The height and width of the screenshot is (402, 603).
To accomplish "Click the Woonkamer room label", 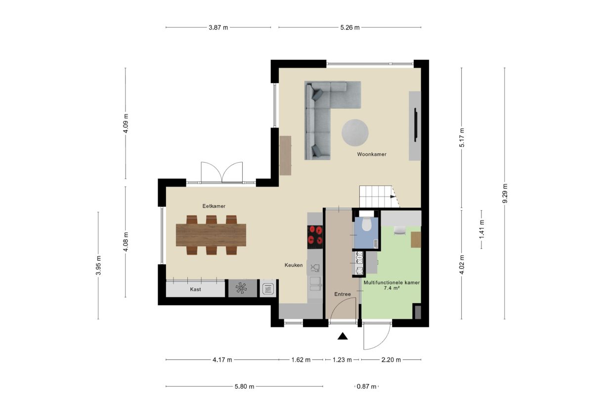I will (x=372, y=154).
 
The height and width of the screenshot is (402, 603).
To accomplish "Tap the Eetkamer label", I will (x=210, y=206).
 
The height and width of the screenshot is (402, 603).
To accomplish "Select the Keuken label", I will (x=293, y=266).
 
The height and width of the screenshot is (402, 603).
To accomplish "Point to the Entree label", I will (x=342, y=294).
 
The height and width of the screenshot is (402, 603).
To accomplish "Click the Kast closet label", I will (x=195, y=289).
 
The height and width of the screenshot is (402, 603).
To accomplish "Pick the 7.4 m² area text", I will (x=392, y=288).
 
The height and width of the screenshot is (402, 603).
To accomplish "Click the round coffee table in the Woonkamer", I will (x=355, y=133).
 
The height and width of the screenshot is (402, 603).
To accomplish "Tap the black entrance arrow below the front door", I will (x=343, y=337).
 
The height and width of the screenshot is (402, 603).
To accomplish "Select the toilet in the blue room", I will (x=366, y=225).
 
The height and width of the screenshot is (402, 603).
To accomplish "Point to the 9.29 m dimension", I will (x=505, y=193).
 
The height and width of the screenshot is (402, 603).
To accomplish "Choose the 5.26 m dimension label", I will (x=349, y=28).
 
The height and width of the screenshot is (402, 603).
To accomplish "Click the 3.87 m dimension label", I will (x=218, y=28).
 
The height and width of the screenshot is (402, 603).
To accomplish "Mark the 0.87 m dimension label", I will (x=366, y=387).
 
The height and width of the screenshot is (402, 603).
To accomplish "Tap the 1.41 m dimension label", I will (x=481, y=229).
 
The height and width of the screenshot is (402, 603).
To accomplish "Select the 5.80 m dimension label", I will (x=244, y=387).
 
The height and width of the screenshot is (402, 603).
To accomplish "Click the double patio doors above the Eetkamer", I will (x=222, y=173).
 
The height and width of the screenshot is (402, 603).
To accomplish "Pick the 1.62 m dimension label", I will (x=300, y=360).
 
